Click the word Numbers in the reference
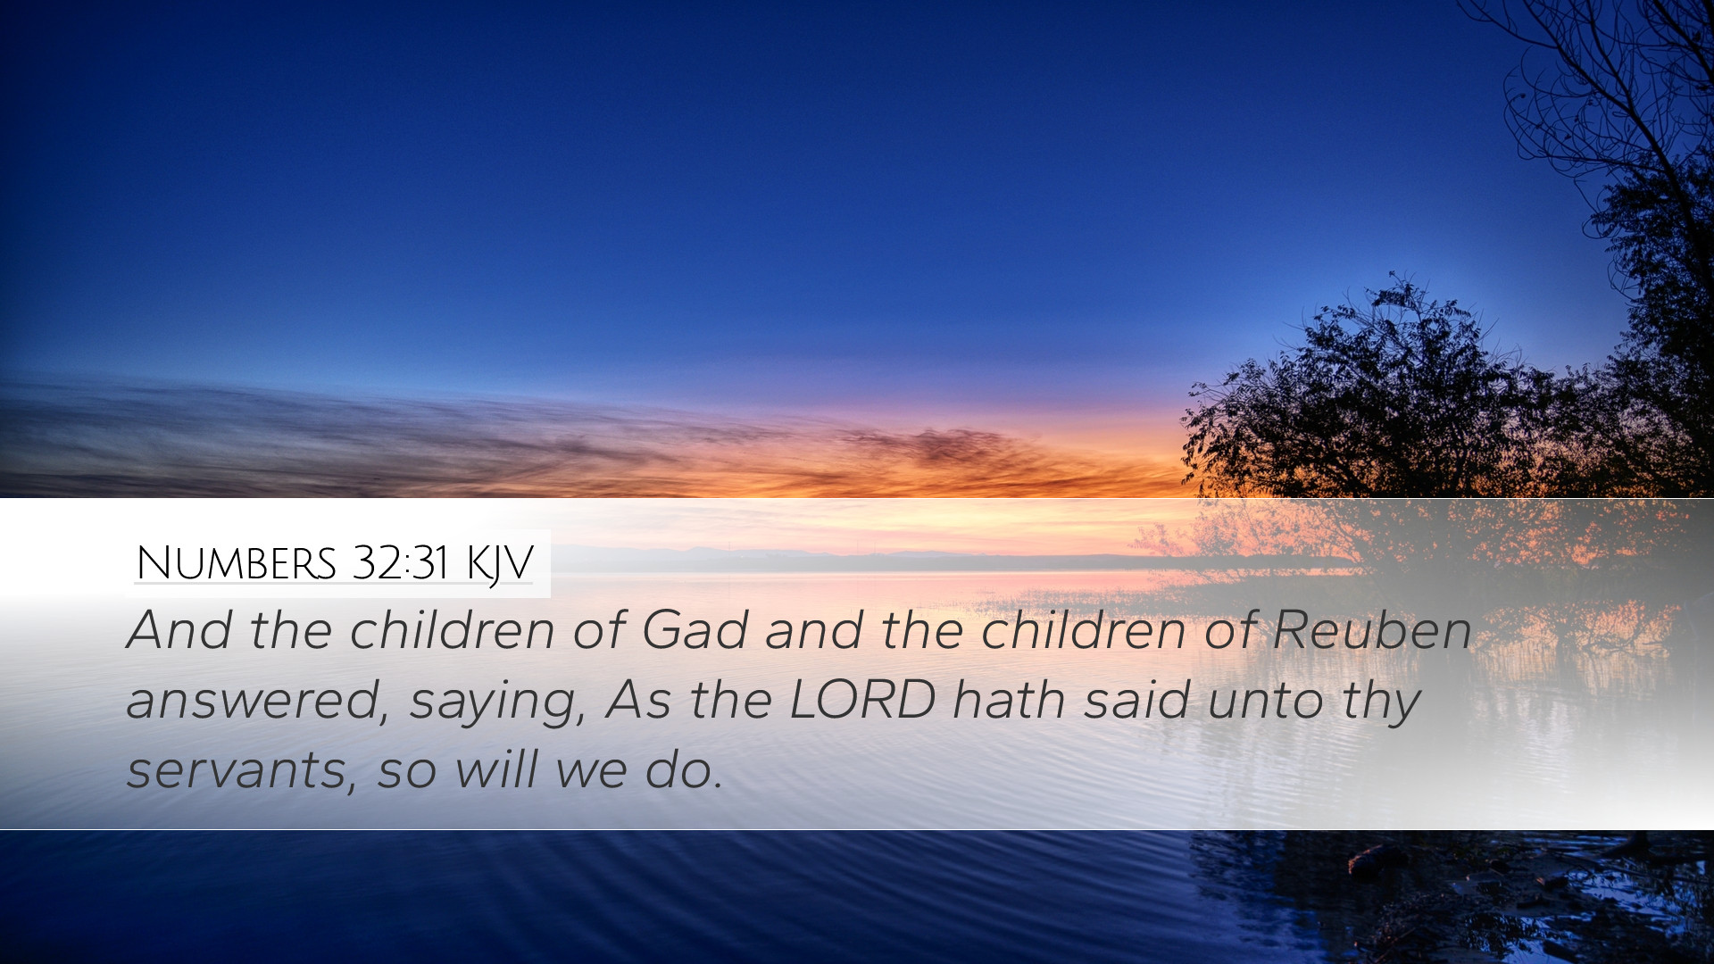click(x=237, y=563)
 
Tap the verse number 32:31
click(x=399, y=562)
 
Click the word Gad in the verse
click(x=695, y=629)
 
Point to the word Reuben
click(x=1372, y=629)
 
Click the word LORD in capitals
click(x=862, y=700)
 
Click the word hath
click(x=1009, y=699)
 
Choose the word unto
click(x=1266, y=701)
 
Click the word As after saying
click(x=637, y=700)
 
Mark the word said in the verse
click(x=1136, y=699)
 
